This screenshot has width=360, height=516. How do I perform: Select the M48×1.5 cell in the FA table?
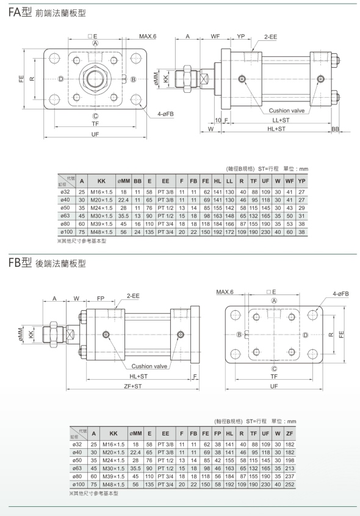(x=101, y=232)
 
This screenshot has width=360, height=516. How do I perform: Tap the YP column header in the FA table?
(x=301, y=181)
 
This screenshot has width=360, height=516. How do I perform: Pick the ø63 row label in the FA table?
(x=65, y=216)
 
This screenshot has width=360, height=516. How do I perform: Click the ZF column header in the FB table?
(x=290, y=434)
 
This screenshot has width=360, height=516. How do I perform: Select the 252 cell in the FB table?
(x=290, y=484)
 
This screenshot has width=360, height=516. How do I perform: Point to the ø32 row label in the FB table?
(x=77, y=445)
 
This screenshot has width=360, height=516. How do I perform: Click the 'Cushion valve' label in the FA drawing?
(x=286, y=111)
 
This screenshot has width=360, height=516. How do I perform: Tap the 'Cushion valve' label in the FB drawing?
(x=149, y=366)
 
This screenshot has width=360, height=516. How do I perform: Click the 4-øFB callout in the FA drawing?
(x=165, y=114)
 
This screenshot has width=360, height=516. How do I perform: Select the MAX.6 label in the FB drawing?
(x=225, y=292)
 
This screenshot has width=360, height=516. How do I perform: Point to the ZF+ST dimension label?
(x=133, y=386)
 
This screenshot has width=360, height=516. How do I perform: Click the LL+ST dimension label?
(x=281, y=120)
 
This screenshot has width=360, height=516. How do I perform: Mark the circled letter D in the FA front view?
(x=61, y=79)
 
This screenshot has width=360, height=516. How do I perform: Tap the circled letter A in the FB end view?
(x=274, y=300)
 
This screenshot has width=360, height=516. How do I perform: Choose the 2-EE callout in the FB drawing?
(x=133, y=296)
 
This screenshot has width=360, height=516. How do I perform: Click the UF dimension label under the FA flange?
(x=95, y=134)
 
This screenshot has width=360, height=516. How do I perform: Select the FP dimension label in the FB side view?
(x=101, y=298)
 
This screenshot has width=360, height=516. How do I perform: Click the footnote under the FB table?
(x=93, y=493)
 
